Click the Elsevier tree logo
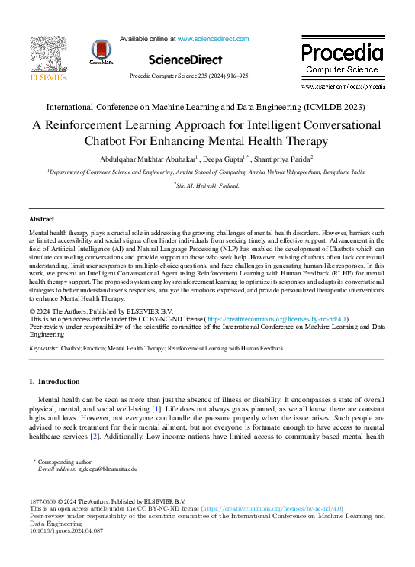pos(48,55)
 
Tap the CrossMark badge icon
pos(101,51)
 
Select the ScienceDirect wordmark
pos(185,60)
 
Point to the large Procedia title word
pos(342,53)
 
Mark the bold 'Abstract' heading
pos(41,219)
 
